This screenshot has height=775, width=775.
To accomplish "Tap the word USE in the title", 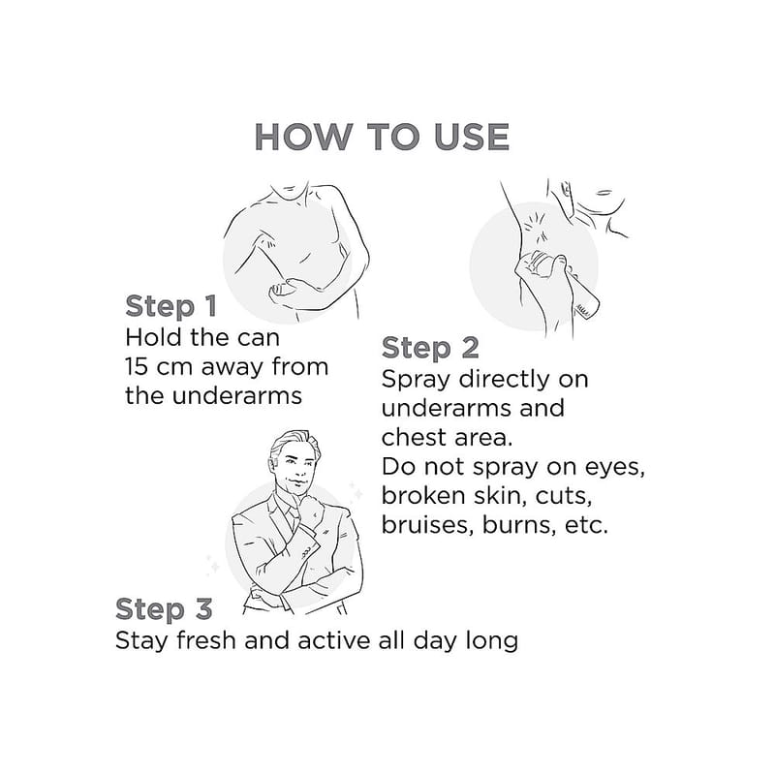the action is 472,137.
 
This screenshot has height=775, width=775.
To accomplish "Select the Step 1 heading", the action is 171,306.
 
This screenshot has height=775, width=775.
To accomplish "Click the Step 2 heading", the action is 430,348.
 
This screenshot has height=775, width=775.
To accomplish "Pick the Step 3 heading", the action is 164,608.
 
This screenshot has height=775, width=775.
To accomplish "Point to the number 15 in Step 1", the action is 137,367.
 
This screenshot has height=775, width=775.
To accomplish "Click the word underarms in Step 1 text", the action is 236,395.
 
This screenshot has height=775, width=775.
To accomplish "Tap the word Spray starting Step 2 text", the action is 417,381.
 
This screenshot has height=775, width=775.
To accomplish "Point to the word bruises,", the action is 425,525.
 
